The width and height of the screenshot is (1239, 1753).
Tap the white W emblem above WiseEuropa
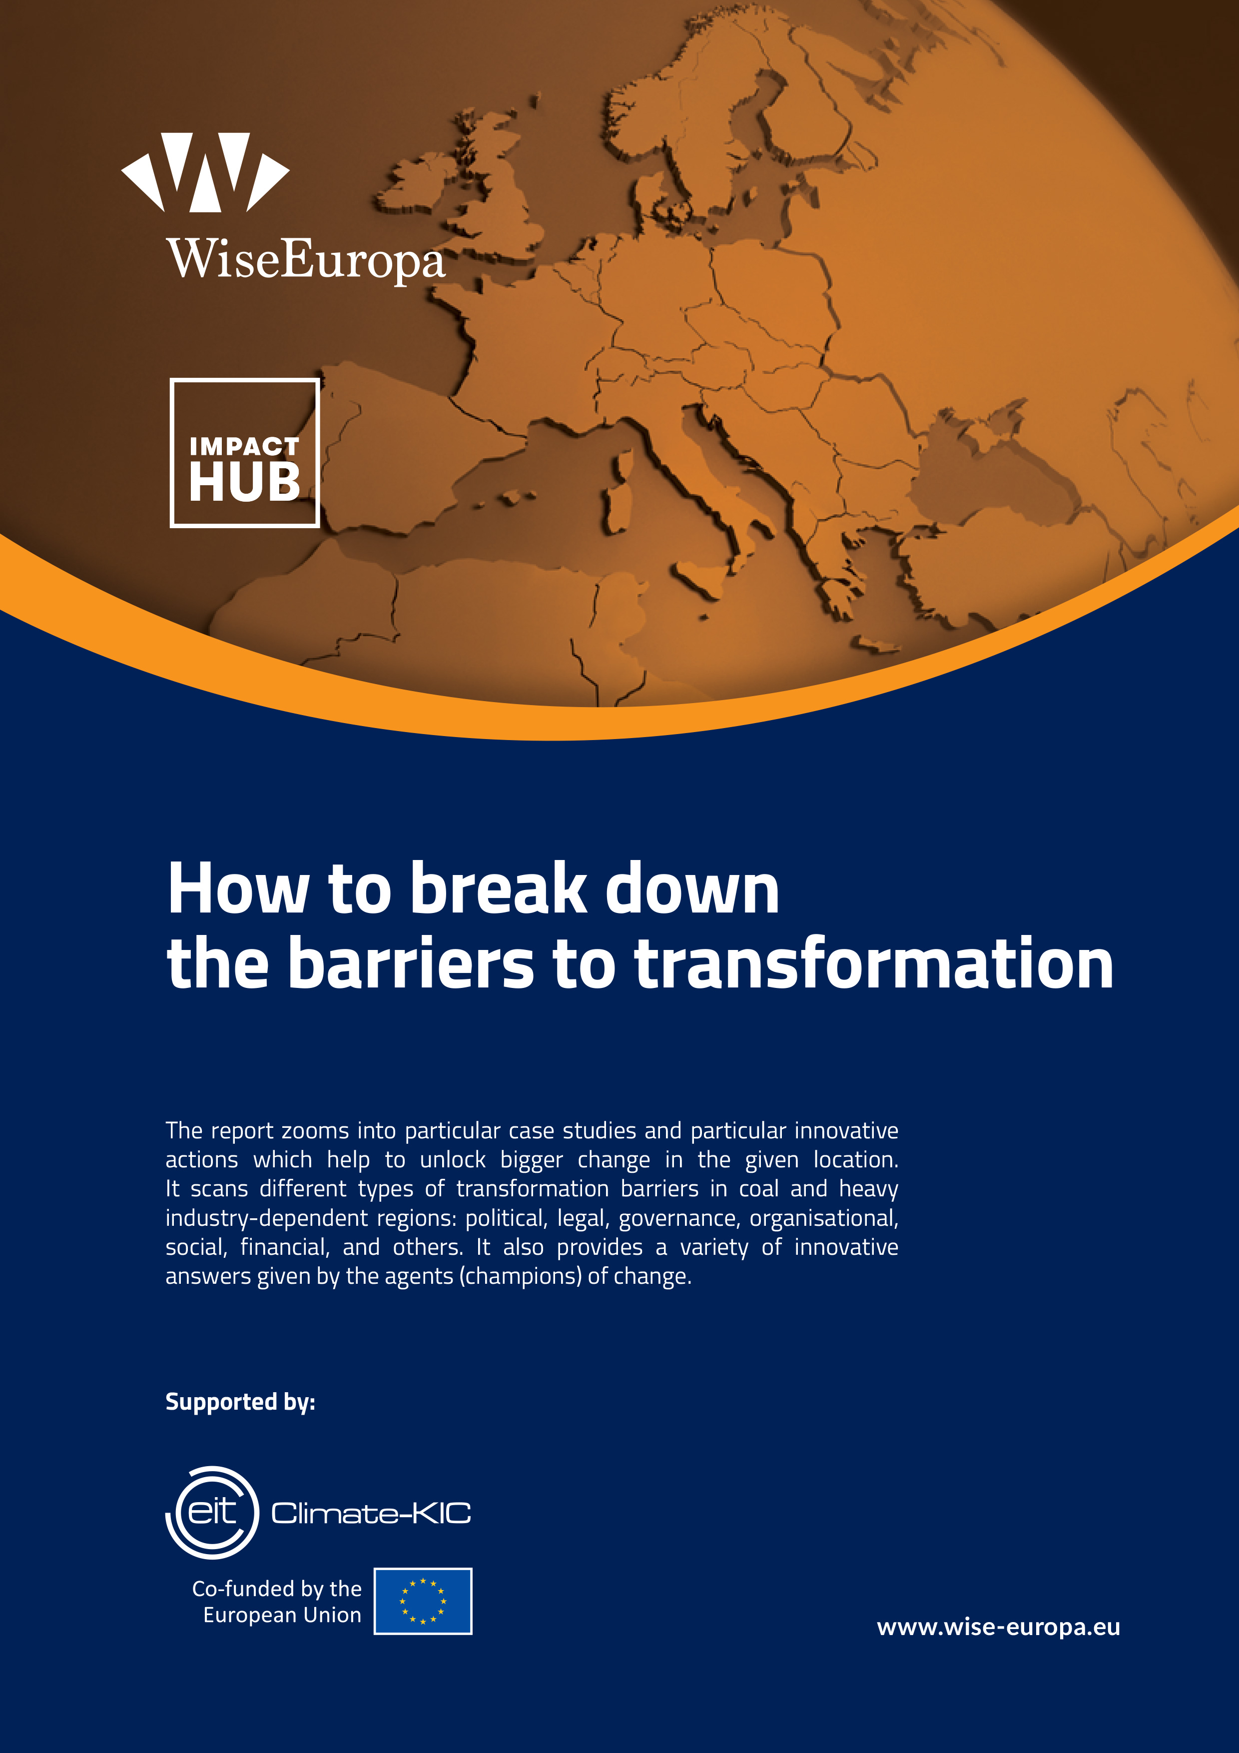pyautogui.click(x=205, y=172)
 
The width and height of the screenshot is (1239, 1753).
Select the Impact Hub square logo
pyautogui.click(x=244, y=453)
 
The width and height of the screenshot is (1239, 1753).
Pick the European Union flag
pyautogui.click(x=423, y=1601)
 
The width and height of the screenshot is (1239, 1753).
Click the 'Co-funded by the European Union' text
pyautogui.click(x=276, y=1601)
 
